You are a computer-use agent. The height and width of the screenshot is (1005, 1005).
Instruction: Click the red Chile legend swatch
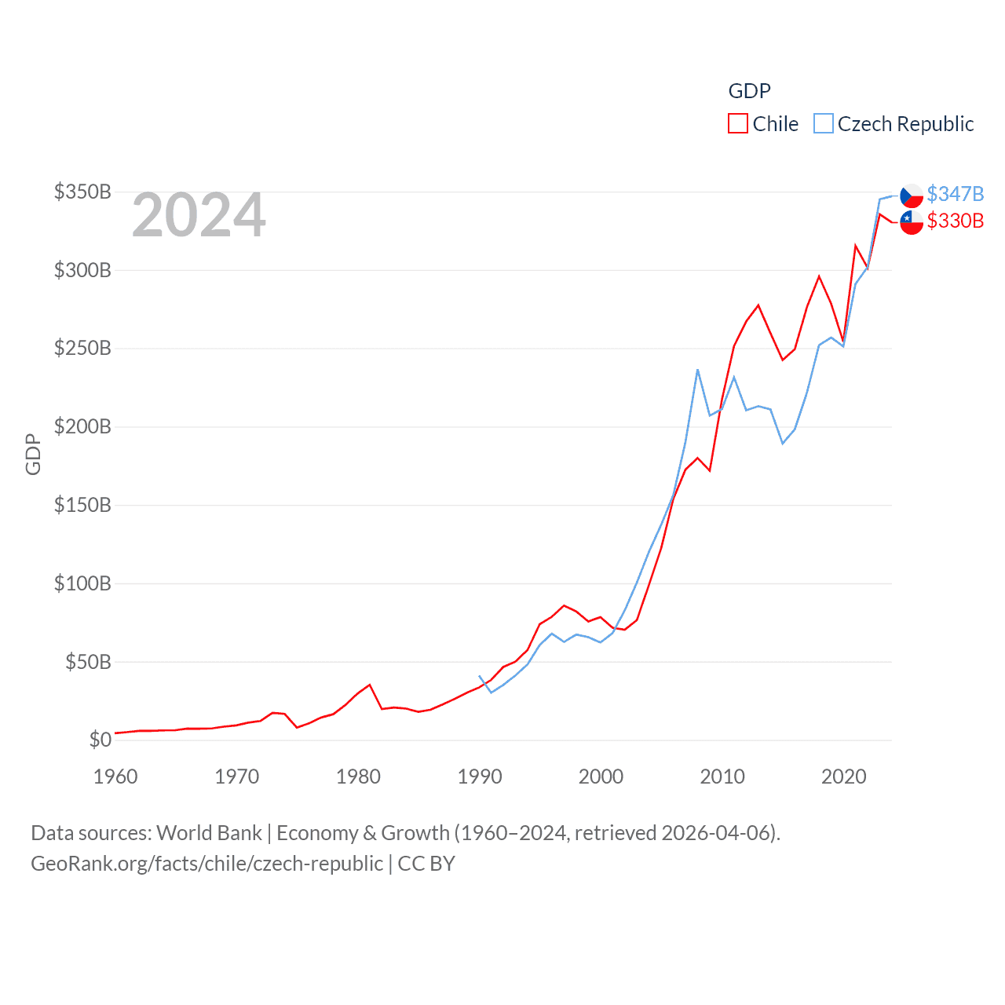pyautogui.click(x=738, y=124)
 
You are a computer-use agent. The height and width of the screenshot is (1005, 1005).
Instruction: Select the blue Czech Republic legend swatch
pyautogui.click(x=823, y=124)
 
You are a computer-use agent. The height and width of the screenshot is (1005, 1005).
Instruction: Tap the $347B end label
pyautogui.click(x=955, y=194)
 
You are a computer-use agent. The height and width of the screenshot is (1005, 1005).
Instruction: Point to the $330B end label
pyautogui.click(x=955, y=221)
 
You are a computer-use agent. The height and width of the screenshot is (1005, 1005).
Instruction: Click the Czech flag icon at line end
pyautogui.click(x=912, y=196)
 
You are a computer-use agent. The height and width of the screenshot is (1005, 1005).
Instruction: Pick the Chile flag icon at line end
pyautogui.click(x=912, y=222)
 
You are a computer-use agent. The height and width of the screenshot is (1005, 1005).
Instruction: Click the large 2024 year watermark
pyautogui.click(x=199, y=215)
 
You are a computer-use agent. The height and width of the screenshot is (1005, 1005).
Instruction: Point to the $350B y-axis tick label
pyautogui.click(x=82, y=192)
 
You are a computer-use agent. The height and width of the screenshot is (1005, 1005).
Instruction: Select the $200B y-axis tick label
pyautogui.click(x=82, y=427)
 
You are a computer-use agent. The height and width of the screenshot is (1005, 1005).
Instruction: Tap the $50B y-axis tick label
pyautogui.click(x=88, y=662)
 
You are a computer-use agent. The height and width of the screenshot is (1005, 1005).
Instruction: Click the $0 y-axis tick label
pyautogui.click(x=100, y=740)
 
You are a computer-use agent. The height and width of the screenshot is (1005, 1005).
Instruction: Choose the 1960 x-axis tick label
pyautogui.click(x=115, y=777)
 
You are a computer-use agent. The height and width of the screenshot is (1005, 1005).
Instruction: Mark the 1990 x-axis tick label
pyautogui.click(x=480, y=777)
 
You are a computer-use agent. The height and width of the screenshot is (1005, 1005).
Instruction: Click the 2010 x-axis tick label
pyautogui.click(x=722, y=777)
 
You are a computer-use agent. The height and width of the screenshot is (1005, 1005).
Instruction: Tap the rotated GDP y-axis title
pyautogui.click(x=33, y=454)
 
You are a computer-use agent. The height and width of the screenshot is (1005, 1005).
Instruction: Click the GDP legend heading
pyautogui.click(x=749, y=91)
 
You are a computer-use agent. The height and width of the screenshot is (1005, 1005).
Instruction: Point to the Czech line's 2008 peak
pyautogui.click(x=697, y=370)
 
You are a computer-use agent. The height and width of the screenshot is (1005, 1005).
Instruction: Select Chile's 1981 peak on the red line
pyautogui.click(x=370, y=685)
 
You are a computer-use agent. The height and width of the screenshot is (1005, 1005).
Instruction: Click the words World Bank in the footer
pyautogui.click(x=210, y=833)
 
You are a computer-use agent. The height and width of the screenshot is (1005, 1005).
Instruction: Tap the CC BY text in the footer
pyautogui.click(x=426, y=864)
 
